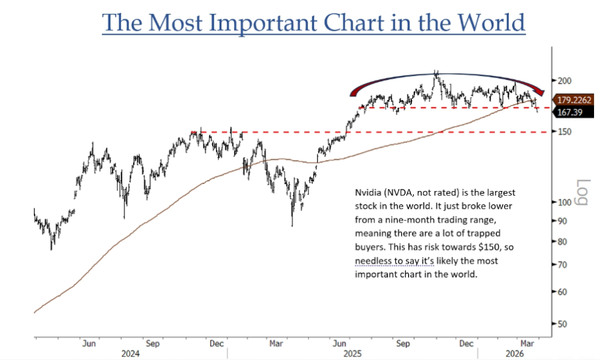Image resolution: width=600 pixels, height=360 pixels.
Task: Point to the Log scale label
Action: (582, 194)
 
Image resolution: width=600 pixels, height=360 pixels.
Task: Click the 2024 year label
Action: (131, 354)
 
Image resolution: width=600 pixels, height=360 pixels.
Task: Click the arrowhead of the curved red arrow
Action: (540, 93)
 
